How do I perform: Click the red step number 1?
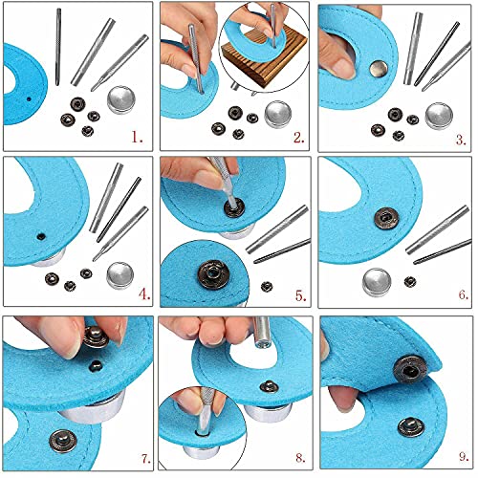[137, 138]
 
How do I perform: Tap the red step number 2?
[298, 138]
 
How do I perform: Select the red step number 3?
[461, 140]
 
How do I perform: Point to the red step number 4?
[144, 293]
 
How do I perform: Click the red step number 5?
[300, 295]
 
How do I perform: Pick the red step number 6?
[464, 294]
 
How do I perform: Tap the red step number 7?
[146, 459]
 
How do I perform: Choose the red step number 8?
[300, 458]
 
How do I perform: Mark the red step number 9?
[464, 456]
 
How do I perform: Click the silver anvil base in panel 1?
[120, 99]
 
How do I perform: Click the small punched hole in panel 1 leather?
[29, 99]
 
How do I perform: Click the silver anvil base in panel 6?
[377, 282]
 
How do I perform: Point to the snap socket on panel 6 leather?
[386, 218]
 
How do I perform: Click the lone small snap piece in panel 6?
[410, 281]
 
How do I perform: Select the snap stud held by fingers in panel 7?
[97, 337]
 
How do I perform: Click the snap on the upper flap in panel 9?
[410, 370]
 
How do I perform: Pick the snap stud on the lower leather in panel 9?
[411, 427]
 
